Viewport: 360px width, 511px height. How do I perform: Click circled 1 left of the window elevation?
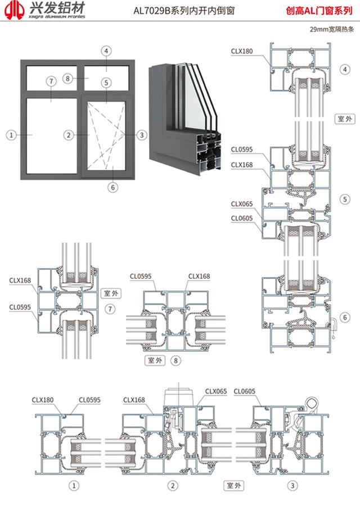[x=11, y=135]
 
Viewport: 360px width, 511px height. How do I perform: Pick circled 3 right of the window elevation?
[x=142, y=135]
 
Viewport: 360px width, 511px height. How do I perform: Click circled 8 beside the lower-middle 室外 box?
[x=177, y=360]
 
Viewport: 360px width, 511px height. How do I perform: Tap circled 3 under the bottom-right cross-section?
[x=291, y=485]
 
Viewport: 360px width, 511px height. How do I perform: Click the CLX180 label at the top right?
[x=242, y=51]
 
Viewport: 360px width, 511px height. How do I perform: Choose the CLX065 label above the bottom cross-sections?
[x=216, y=391]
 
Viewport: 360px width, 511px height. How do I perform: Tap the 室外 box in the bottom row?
[x=233, y=485]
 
